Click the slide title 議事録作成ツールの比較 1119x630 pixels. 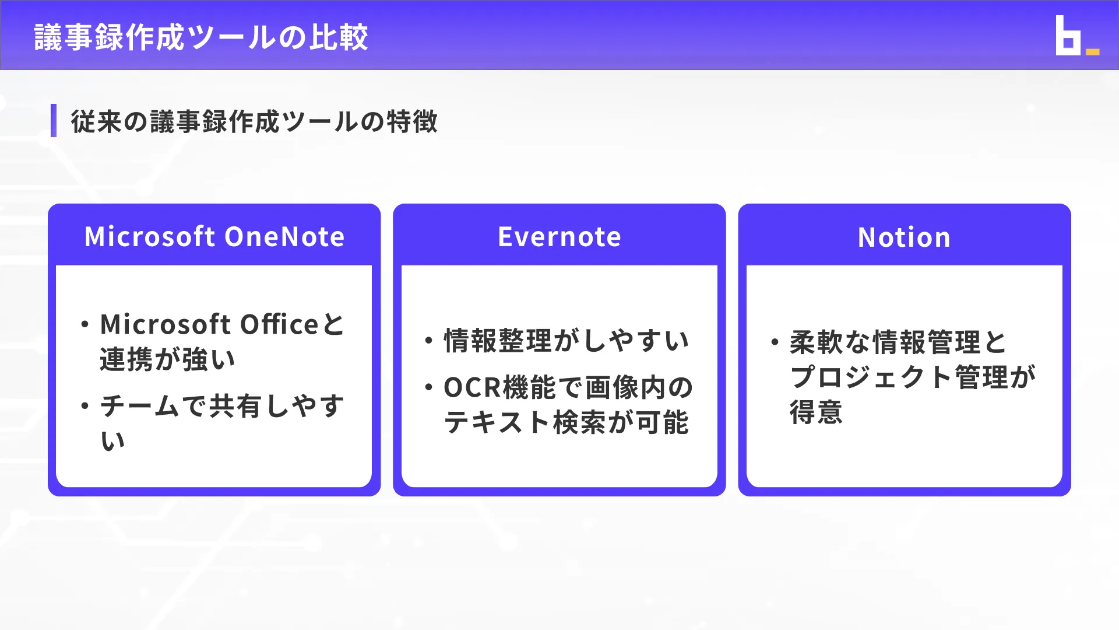[x=201, y=37]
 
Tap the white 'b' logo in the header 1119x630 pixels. [x=1067, y=36]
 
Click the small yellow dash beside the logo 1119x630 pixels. [x=1093, y=52]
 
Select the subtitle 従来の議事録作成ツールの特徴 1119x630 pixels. [x=254, y=121]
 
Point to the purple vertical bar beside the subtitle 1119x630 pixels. [x=54, y=121]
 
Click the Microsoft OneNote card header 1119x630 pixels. [x=214, y=237]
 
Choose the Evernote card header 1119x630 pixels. [x=559, y=237]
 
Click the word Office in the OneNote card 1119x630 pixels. [x=279, y=324]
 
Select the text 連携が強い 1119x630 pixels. [x=168, y=359]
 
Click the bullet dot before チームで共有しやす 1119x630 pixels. [x=85, y=406]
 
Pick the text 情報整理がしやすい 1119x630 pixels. [x=566, y=341]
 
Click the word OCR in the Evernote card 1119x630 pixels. [x=471, y=387]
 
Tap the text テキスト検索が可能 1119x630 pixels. [x=566, y=422]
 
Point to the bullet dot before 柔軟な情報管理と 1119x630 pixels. [x=775, y=342]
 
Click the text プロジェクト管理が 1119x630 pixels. [x=913, y=377]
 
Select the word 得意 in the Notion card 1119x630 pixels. [x=816, y=412]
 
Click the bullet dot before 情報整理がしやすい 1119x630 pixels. [x=429, y=341]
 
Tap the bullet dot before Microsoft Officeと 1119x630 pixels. [x=85, y=324]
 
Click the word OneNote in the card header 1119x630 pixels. [x=284, y=237]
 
